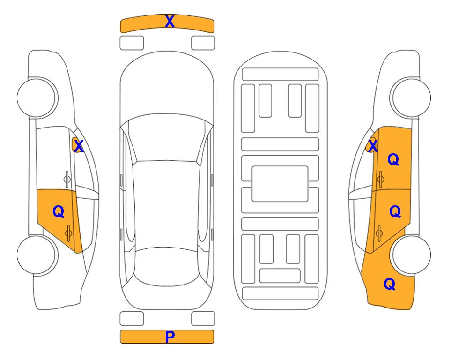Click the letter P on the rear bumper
[170, 337]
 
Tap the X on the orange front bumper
[170, 22]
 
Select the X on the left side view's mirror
[79, 146]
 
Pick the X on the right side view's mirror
[372, 146]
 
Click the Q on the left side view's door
[58, 212]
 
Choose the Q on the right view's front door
[393, 159]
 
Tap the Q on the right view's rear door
[395, 212]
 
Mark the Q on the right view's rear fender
[390, 284]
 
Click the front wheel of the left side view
[37, 97]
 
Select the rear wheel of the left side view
[37, 255]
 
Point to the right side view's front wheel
[411, 97]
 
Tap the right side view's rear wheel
[411, 255]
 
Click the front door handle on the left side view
[67, 179]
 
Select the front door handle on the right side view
[380, 179]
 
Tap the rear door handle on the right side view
[379, 232]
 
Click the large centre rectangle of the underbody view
[280, 184]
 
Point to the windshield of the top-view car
[167, 138]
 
